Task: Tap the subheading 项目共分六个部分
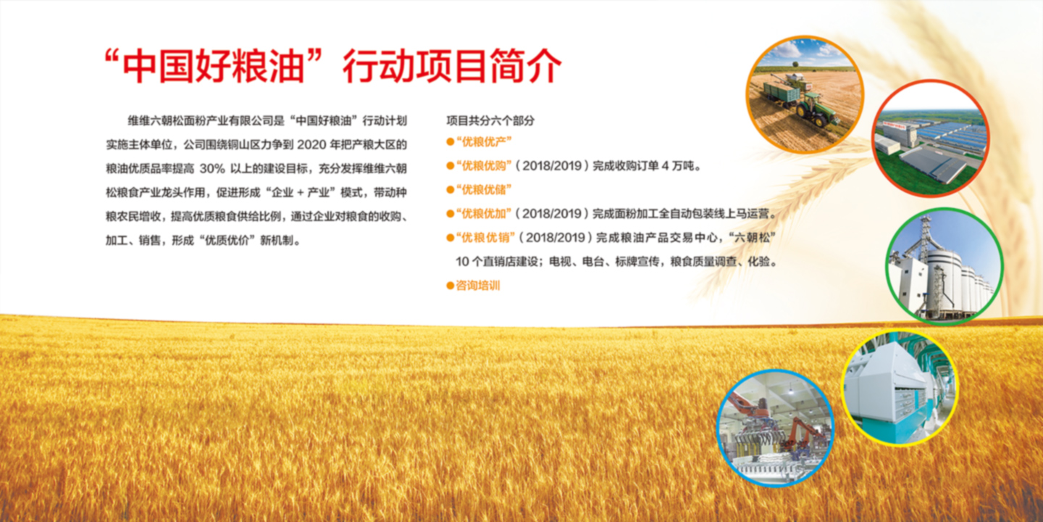click(490, 120)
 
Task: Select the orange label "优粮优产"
click(484, 141)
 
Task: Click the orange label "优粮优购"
click(484, 166)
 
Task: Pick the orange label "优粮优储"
click(484, 190)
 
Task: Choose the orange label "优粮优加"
click(484, 214)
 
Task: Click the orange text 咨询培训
click(478, 286)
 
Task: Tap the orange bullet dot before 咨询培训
click(450, 286)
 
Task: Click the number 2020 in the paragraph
click(311, 145)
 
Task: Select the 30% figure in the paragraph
click(212, 169)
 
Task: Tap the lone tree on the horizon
click(795, 64)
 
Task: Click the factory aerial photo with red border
click(931, 138)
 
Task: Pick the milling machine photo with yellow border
click(900, 389)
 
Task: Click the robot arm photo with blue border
click(775, 428)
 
